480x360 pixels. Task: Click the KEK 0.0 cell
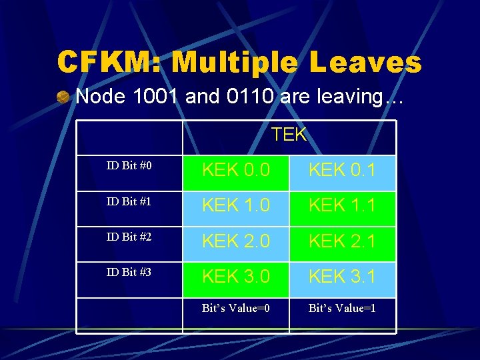[236, 171]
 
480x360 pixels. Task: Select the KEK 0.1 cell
[342, 171]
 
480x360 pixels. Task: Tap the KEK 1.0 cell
[236, 206]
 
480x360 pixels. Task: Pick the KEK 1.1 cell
[342, 206]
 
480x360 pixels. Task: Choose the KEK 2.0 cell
[236, 241]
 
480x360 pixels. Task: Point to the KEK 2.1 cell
[342, 241]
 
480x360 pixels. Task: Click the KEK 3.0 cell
[236, 277]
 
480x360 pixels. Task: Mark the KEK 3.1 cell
[342, 277]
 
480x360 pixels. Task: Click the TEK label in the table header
[289, 135]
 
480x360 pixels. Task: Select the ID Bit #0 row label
[129, 165]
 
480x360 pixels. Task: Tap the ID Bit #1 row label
[129, 201]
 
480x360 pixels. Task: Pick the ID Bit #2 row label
[129, 237]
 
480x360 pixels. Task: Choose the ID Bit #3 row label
[129, 272]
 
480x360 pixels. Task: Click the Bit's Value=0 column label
[236, 309]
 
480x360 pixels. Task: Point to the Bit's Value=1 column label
[342, 309]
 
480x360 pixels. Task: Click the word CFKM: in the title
[109, 63]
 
